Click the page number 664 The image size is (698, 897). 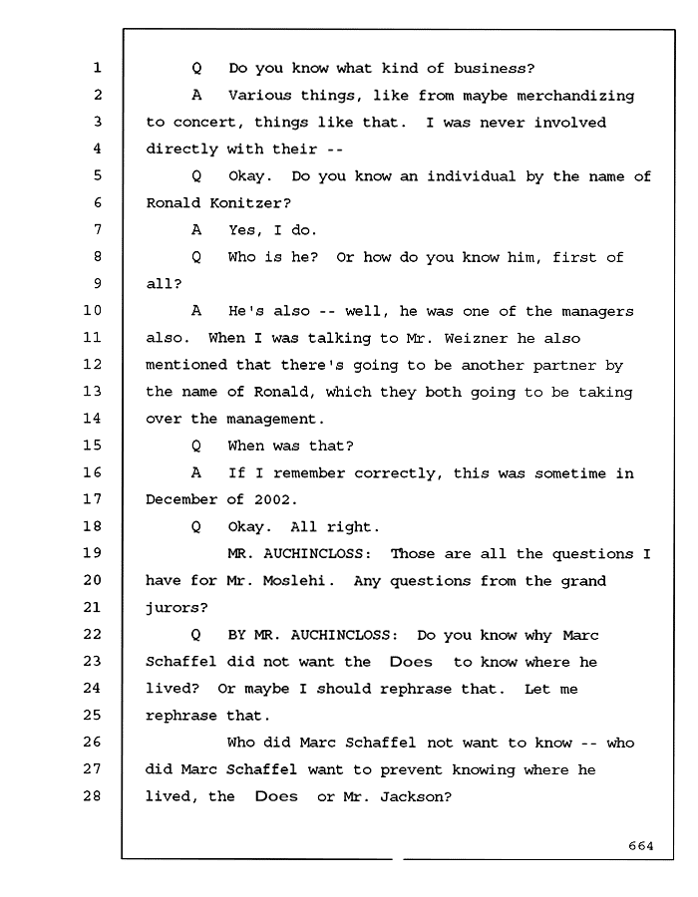point(641,845)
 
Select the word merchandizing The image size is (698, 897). point(575,96)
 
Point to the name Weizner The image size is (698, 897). point(476,338)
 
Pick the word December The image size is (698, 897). point(181,499)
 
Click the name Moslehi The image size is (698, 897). point(294,581)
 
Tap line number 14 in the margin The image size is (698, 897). point(92,419)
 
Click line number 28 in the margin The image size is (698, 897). point(92,795)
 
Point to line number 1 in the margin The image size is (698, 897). point(98,68)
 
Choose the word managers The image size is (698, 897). point(598,312)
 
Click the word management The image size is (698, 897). point(272,420)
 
